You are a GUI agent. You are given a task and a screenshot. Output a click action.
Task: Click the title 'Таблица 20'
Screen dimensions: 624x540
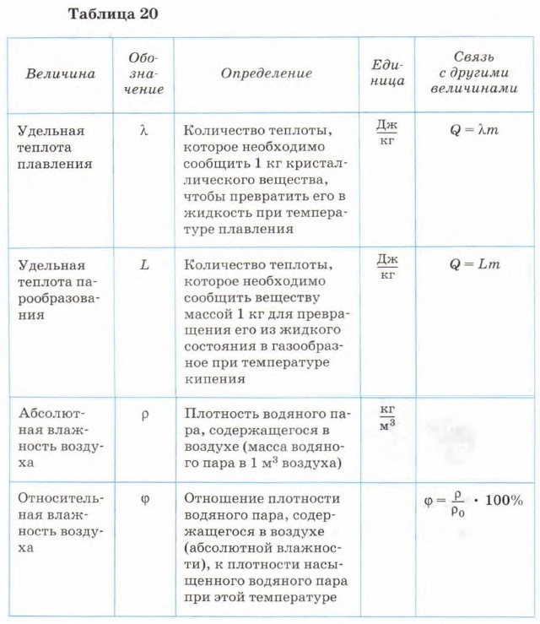(111, 14)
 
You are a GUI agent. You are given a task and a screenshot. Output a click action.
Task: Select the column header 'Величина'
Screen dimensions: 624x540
(60, 74)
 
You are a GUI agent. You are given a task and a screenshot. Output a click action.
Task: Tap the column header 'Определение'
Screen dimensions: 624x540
(267, 73)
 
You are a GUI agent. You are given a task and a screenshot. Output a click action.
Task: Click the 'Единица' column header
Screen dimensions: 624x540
(387, 73)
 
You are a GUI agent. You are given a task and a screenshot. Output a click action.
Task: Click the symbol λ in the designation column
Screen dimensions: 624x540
(144, 131)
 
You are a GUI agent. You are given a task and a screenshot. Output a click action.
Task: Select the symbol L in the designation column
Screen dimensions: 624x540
(144, 264)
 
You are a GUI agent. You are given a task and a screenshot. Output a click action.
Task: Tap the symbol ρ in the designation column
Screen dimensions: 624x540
(144, 415)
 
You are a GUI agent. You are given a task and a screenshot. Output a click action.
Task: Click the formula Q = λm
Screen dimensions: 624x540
(475, 131)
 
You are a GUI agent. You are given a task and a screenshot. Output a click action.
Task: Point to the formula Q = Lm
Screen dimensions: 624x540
(475, 264)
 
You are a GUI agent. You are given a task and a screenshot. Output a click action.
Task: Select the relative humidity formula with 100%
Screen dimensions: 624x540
(473, 501)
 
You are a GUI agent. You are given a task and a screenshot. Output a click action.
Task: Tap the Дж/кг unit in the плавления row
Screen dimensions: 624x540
(387, 132)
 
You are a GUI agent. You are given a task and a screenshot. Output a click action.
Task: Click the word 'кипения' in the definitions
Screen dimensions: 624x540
(214, 379)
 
